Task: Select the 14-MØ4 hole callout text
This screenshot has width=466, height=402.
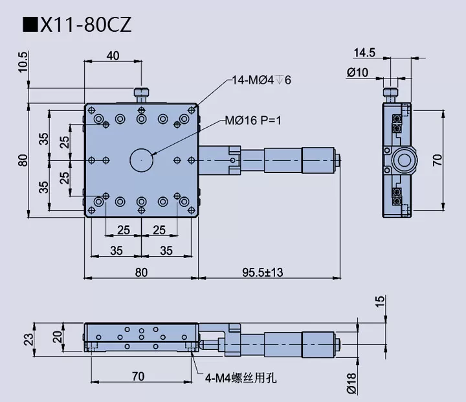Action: (261, 80)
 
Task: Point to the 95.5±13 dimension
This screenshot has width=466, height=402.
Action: (261, 272)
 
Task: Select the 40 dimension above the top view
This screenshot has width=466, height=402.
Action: (112, 56)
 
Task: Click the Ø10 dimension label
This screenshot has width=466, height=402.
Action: (357, 73)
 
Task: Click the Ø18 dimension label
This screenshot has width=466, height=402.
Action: (351, 383)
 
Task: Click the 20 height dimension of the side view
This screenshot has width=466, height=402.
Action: (57, 336)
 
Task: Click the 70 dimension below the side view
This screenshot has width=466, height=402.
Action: (138, 375)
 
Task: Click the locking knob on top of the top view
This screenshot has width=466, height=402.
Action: (141, 95)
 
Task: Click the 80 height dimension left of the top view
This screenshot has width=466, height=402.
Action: (23, 160)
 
